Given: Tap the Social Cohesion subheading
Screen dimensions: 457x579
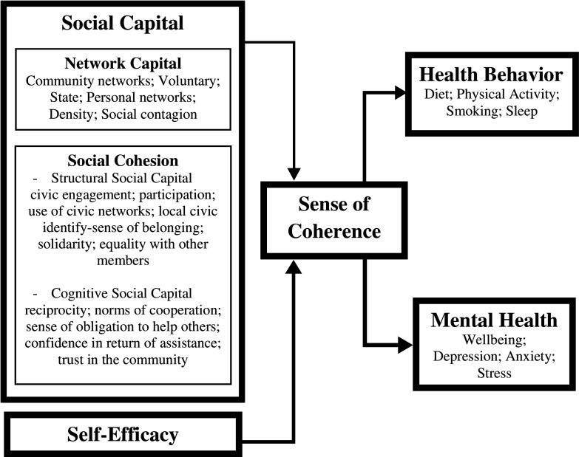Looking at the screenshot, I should click(x=122, y=160).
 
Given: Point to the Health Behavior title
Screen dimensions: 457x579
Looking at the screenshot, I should click(x=490, y=75).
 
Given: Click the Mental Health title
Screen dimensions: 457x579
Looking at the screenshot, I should click(x=495, y=320).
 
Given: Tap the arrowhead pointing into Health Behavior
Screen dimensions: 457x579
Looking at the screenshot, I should click(x=400, y=92).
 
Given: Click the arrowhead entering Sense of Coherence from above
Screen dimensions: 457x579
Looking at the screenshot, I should click(x=295, y=173).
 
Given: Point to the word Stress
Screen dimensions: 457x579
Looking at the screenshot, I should click(x=494, y=374).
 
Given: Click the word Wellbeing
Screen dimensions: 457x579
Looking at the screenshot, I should click(x=495, y=340).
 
